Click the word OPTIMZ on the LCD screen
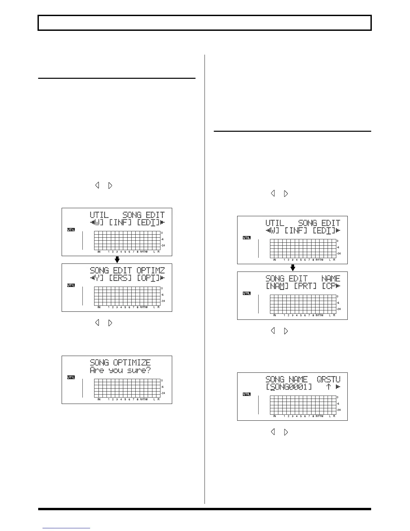click(150, 271)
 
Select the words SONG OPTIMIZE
click(120, 362)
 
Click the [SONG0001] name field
click(289, 387)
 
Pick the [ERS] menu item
click(120, 278)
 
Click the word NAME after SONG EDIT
click(331, 279)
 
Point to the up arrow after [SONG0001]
click(329, 387)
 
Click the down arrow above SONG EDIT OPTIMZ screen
click(117, 260)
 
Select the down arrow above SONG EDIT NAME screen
click(292, 268)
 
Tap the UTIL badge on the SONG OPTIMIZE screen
click(71, 377)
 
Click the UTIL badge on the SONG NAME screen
click(246, 394)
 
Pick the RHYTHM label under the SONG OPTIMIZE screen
click(144, 399)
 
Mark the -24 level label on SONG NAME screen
click(339, 410)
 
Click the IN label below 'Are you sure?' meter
click(99, 399)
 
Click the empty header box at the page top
click(205, 23)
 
